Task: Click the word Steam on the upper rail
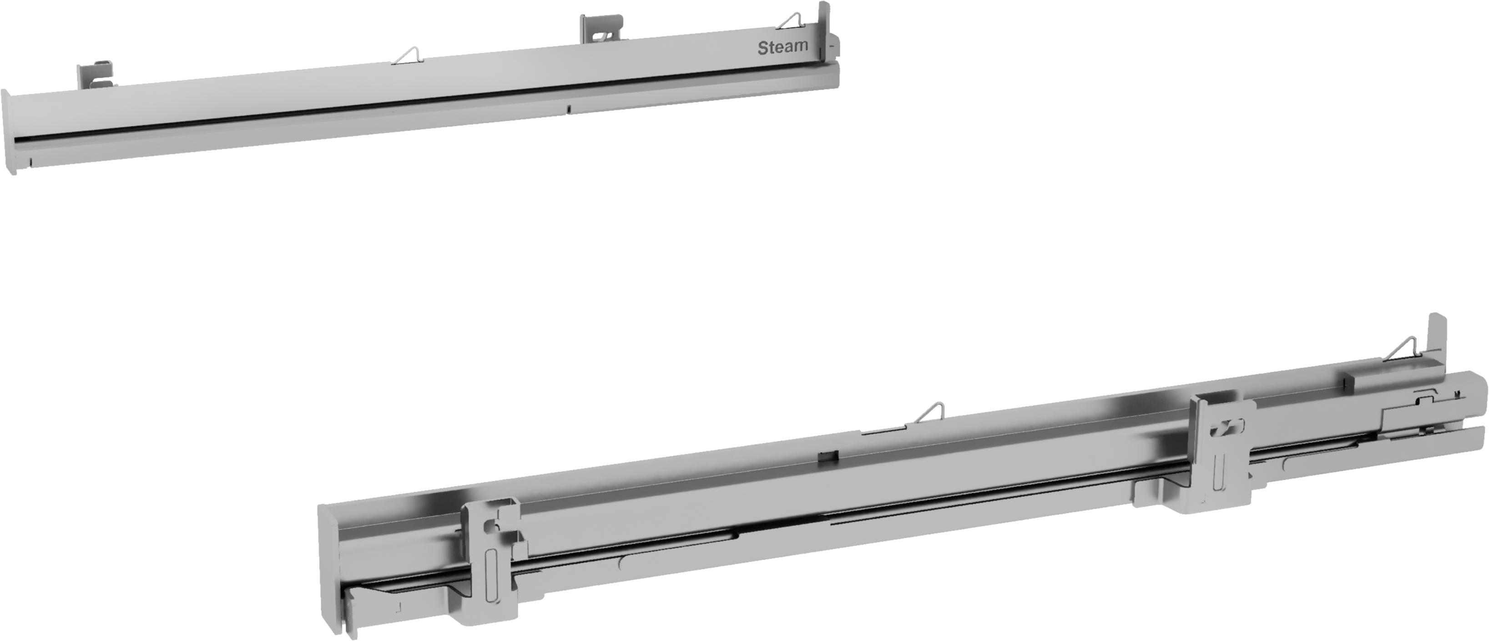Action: (x=782, y=47)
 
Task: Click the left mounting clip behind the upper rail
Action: (x=95, y=75)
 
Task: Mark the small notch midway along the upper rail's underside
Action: (x=569, y=109)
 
